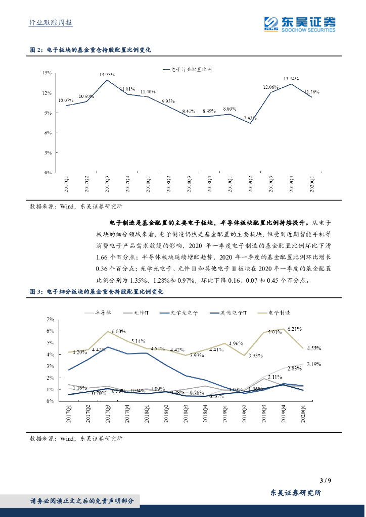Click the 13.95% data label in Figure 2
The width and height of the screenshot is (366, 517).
pos(107,74)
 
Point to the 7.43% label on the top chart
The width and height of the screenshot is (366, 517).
pos(250,118)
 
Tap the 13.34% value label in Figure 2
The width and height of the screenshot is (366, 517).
pos(291,79)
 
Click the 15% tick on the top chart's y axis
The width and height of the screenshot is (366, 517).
pos(47,73)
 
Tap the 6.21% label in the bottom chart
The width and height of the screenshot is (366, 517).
pos(294,329)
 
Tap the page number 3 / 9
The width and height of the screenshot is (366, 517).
pos(326,480)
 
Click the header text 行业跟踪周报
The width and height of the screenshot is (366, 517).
pos(49,23)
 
